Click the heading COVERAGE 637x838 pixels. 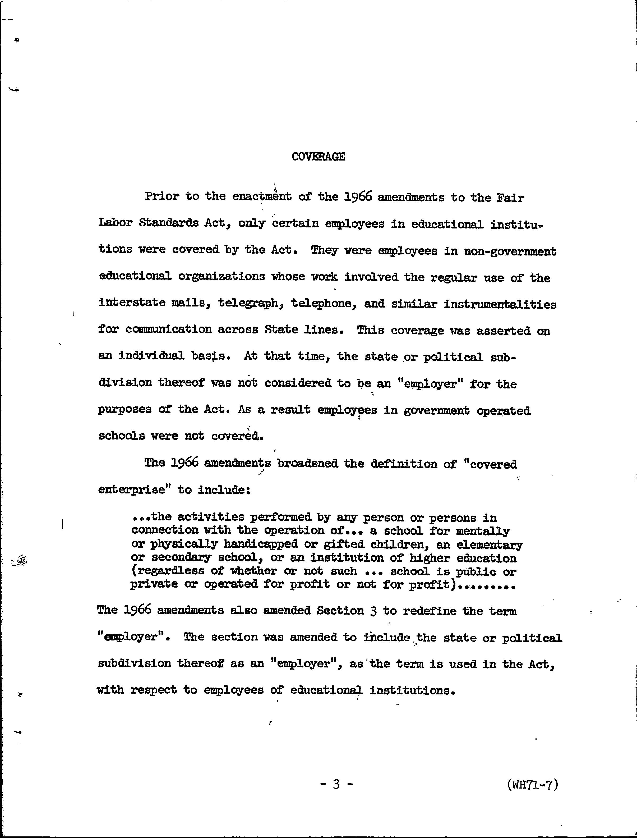coord(318,157)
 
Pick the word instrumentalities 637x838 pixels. coord(500,305)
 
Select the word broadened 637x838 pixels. coord(307,464)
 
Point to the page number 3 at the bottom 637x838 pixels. coord(336,784)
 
